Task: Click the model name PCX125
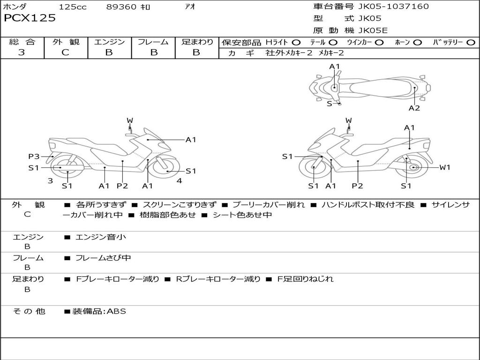(x=30, y=18)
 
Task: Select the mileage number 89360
(x=121, y=7)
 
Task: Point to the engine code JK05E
(x=373, y=30)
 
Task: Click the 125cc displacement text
(x=73, y=7)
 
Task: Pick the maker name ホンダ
(x=15, y=7)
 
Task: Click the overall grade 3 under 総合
(x=22, y=52)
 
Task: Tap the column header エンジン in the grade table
(x=109, y=42)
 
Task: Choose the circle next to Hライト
(x=296, y=43)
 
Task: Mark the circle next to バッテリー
(x=471, y=43)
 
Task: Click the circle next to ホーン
(x=417, y=43)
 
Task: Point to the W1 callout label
(x=444, y=167)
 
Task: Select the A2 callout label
(x=414, y=108)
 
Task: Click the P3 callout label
(x=34, y=157)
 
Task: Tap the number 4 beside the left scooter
(x=179, y=180)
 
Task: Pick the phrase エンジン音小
(x=101, y=237)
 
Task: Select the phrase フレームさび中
(x=103, y=258)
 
